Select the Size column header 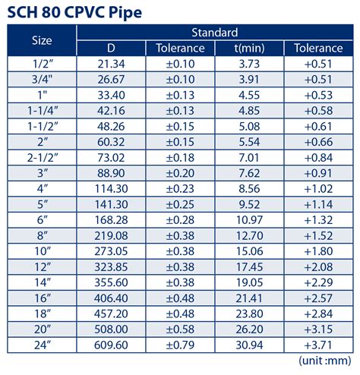42,40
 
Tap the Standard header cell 215,33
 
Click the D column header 111,48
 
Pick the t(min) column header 249,48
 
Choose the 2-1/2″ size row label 42,157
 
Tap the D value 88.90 111,173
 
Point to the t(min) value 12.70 249,236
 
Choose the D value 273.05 111,252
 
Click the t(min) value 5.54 249,141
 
